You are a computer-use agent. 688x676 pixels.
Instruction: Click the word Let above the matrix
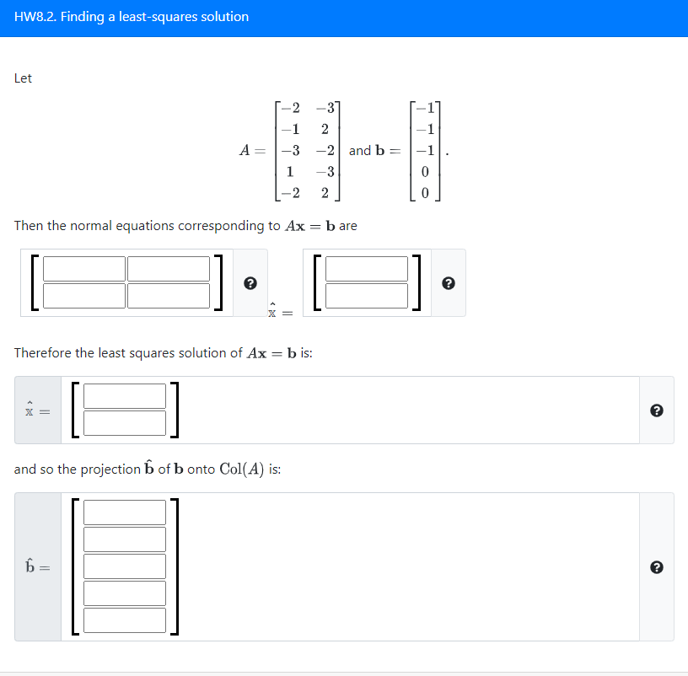pos(24,78)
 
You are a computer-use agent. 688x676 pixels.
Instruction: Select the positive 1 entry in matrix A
pos(289,171)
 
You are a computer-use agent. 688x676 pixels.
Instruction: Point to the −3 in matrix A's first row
pos(325,108)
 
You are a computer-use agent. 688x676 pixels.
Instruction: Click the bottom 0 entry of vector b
pos(425,192)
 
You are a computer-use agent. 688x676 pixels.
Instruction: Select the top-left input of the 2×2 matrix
pos(83,269)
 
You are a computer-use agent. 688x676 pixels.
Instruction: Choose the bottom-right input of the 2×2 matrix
pos(169,296)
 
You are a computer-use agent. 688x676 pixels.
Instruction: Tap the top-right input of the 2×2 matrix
pos(169,269)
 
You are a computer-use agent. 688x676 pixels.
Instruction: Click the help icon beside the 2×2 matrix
pos(250,283)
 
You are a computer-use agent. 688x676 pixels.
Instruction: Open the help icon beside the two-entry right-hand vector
pos(448,283)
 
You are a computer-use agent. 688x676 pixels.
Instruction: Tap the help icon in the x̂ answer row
pos(657,410)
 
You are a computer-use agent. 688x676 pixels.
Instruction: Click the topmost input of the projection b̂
pos(125,512)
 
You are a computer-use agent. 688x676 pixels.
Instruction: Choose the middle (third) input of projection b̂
pos(125,566)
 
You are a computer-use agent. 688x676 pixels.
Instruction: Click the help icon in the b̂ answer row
pos(657,567)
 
